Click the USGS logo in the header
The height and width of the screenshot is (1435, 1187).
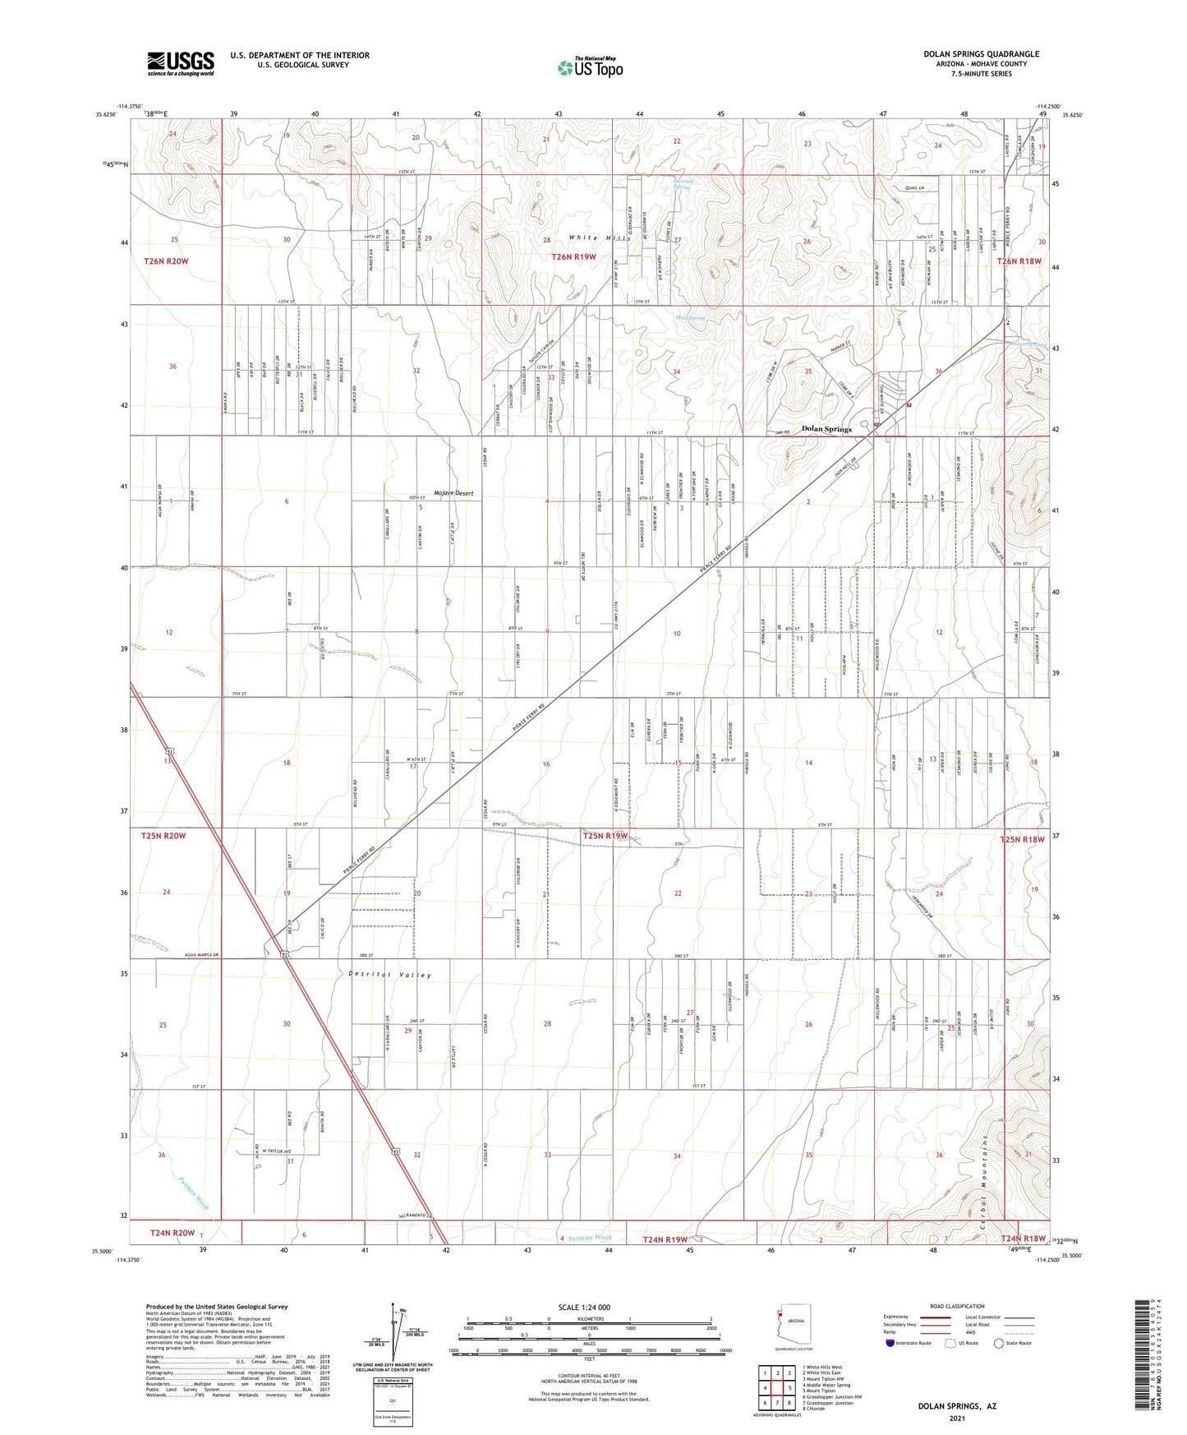click(x=181, y=62)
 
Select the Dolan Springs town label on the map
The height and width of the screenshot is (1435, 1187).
click(x=826, y=429)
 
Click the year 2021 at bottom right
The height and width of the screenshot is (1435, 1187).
click(x=957, y=1419)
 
